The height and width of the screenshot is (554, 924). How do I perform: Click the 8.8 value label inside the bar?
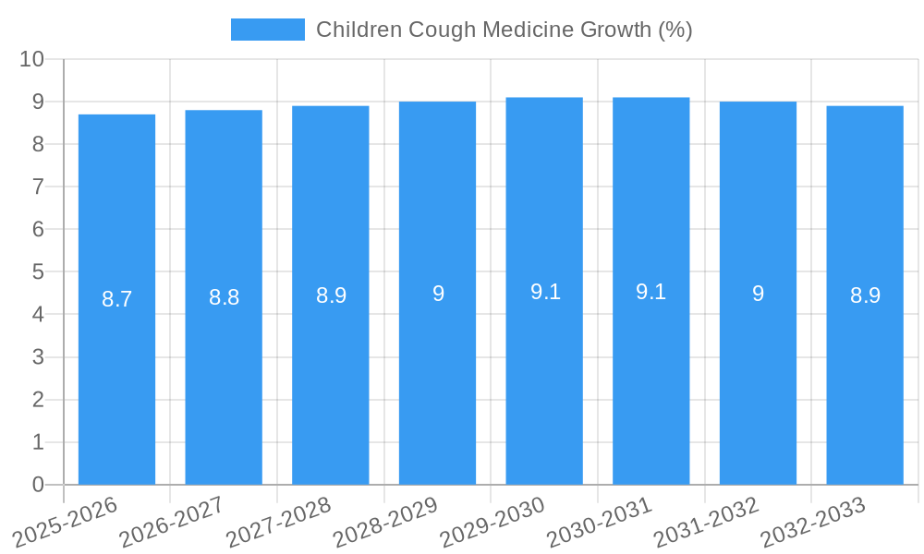224,297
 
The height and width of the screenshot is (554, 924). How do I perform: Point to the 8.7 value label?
116,299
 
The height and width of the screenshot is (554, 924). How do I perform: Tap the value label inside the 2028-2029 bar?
438,294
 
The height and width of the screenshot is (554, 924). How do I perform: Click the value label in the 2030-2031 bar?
650,292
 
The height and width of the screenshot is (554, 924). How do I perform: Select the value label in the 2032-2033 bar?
865,295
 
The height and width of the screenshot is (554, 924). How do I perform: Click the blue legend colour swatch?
267,30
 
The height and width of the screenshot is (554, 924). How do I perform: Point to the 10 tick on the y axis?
31,59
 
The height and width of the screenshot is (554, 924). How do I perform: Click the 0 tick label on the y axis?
38,485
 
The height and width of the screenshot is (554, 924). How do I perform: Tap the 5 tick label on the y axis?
38,271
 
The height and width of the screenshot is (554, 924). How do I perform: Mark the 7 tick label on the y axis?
38,187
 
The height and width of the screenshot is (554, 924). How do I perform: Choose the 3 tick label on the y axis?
38,357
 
